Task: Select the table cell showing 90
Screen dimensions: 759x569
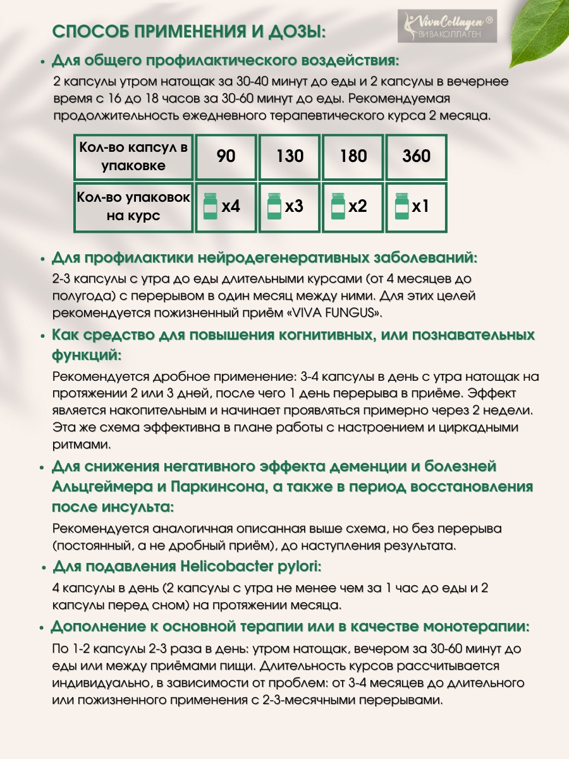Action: (x=226, y=156)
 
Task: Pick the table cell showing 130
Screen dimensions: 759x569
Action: (x=290, y=156)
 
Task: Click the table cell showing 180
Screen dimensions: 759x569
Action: (x=353, y=156)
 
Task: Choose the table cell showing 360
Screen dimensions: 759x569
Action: (x=416, y=156)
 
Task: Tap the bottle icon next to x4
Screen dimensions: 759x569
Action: (x=210, y=207)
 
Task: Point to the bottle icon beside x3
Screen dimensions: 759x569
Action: (x=274, y=207)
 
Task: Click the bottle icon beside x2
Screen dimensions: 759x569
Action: (x=338, y=207)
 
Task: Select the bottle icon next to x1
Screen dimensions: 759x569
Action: (x=401, y=207)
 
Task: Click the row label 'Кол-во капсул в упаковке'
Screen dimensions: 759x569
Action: (x=133, y=157)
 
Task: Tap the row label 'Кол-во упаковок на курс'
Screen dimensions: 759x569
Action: (x=133, y=207)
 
